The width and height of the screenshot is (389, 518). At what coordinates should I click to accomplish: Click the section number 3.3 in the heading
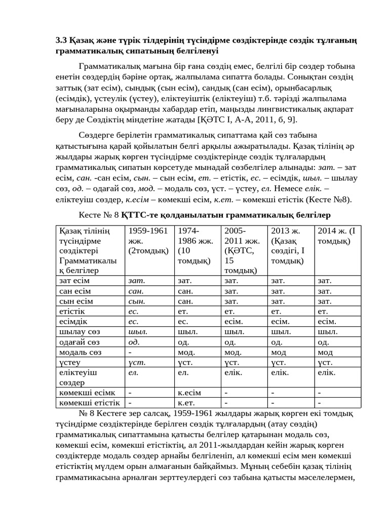pos(61,40)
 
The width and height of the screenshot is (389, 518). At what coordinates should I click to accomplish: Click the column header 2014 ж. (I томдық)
pos(336,236)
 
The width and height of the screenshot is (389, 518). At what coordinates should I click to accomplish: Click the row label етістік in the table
pos(72,311)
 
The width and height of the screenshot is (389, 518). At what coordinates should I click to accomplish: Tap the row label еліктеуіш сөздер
pos(79,377)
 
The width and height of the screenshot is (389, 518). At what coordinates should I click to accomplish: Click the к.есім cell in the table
pos(189,393)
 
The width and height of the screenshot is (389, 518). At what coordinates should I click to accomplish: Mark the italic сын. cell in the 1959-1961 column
pos(137,301)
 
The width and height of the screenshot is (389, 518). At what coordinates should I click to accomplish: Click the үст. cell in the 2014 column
pos(325,362)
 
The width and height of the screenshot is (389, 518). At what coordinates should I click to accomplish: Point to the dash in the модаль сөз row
pos(131,352)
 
